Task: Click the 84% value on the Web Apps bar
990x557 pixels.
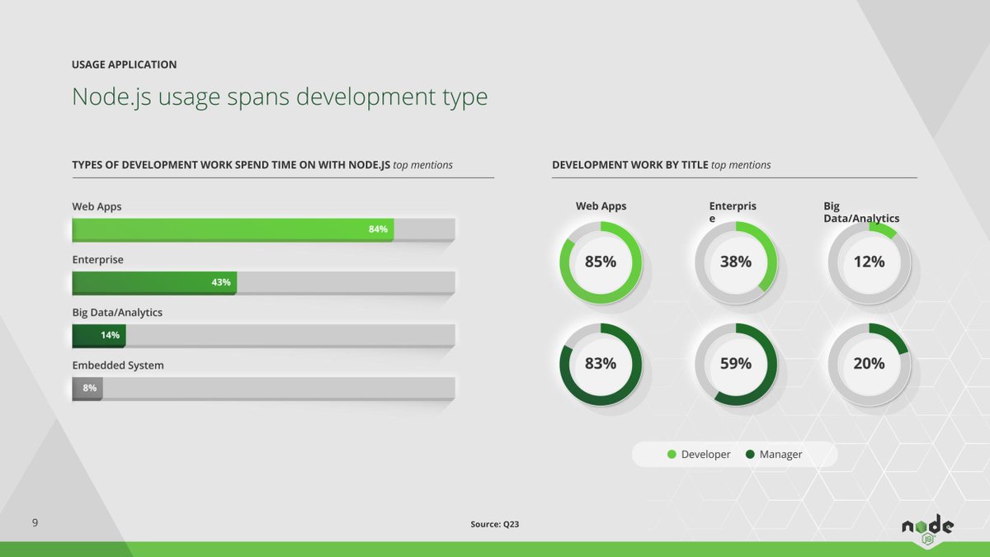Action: (x=378, y=229)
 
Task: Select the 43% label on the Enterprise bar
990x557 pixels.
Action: (x=220, y=282)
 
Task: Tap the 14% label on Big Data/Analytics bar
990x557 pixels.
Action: (x=110, y=335)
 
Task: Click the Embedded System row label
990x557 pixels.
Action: (x=117, y=365)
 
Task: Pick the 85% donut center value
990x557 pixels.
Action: (x=601, y=262)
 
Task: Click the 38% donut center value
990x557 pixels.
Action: (x=735, y=262)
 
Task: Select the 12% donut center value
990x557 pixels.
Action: (x=869, y=262)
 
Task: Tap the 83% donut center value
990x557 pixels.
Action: (x=601, y=364)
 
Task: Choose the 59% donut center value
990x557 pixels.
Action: (x=735, y=364)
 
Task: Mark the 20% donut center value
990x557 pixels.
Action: (x=869, y=364)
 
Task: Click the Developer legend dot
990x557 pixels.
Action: (x=672, y=455)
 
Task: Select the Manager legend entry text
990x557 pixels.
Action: (x=780, y=455)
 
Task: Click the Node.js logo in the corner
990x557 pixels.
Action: (x=926, y=529)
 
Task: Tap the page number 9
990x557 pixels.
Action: (x=35, y=523)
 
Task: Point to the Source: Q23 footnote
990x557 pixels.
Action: (x=494, y=524)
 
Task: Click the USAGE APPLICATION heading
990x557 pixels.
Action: (x=124, y=64)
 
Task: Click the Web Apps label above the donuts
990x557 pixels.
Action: (x=601, y=206)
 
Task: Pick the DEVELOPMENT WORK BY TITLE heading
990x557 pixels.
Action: (x=629, y=165)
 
